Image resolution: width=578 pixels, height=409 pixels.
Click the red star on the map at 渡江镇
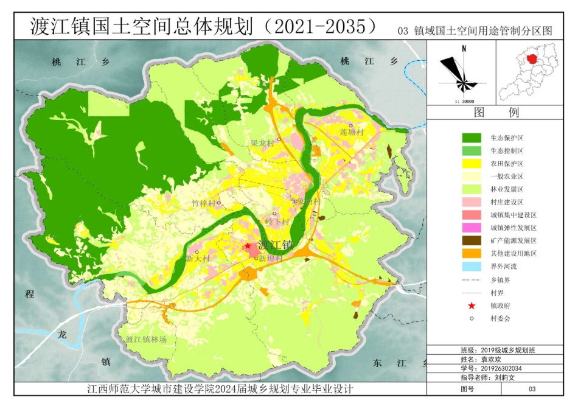[248, 246]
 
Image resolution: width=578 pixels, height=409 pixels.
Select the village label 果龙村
[263, 143]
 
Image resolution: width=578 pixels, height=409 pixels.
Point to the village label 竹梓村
[203, 203]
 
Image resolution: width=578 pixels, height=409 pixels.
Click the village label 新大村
[198, 258]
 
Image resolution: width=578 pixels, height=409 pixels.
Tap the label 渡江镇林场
[146, 340]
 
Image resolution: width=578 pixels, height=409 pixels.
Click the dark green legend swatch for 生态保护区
[472, 138]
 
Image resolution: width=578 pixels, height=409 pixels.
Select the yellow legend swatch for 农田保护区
[472, 163]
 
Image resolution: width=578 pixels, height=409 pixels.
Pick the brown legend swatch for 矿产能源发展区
[472, 240]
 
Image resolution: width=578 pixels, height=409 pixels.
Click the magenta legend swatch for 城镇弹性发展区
[472, 228]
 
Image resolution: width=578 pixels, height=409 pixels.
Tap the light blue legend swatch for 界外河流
[472, 266]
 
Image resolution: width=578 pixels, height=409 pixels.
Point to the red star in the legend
[472, 306]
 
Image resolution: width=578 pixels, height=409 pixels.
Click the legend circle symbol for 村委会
[472, 318]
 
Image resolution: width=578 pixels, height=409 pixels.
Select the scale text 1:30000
[465, 102]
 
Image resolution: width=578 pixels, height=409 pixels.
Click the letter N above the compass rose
[464, 48]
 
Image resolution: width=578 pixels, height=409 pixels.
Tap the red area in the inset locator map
[532, 59]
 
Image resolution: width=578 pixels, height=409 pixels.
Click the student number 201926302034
[501, 368]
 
